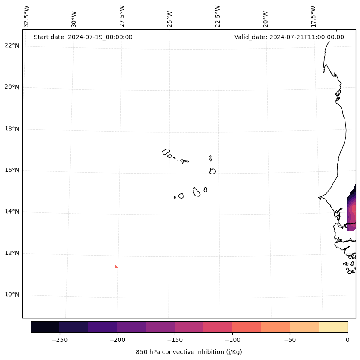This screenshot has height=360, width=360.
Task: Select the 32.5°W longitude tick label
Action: pos(27,16)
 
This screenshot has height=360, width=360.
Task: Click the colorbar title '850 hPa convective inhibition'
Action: pos(189,352)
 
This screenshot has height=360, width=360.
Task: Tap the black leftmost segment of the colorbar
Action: pos(45,327)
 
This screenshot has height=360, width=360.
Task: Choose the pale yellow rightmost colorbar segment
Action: pos(333,327)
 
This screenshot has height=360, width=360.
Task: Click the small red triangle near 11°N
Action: pos(116,267)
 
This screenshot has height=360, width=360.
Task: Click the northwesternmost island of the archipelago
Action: pos(166,151)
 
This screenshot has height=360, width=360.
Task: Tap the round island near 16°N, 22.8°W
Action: pos(212,171)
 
